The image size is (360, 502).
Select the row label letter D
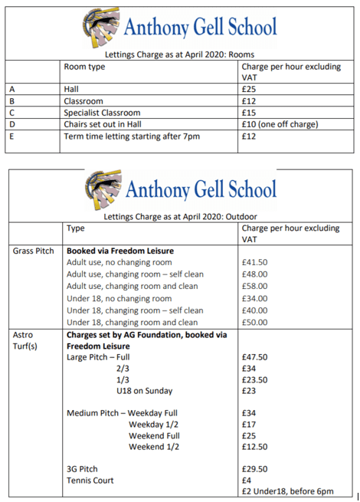click(x=11, y=124)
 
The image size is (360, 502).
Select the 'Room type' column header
click(x=84, y=67)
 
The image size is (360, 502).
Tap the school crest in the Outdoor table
click(x=100, y=188)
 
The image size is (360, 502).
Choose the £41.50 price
click(x=254, y=262)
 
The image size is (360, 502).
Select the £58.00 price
click(x=254, y=286)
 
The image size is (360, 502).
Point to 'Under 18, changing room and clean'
click(x=132, y=322)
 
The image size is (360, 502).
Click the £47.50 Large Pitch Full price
click(x=254, y=356)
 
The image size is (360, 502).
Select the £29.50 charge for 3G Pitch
click(x=254, y=468)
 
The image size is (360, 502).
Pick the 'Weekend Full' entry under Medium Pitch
click(x=155, y=435)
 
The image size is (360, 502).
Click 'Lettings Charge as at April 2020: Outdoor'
click(x=180, y=217)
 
